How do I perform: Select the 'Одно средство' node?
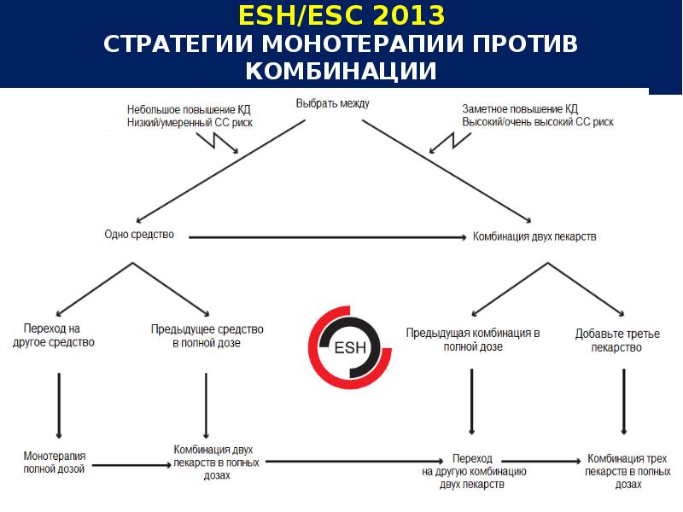[x=138, y=234]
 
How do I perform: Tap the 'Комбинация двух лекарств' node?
[x=534, y=236]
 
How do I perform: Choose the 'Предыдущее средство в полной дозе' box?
[x=207, y=335]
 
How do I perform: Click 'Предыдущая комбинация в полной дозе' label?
[x=473, y=340]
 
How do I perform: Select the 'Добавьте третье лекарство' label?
[x=617, y=340]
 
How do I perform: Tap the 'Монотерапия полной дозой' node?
[x=55, y=463]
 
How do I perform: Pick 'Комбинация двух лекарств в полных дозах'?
[x=213, y=462]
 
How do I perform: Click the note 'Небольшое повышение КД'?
[x=190, y=109]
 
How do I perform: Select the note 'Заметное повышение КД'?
[x=520, y=109]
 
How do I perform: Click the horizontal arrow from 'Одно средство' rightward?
[x=324, y=236]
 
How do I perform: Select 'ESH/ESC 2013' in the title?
[x=341, y=16]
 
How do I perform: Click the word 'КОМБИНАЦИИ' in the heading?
[x=341, y=70]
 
